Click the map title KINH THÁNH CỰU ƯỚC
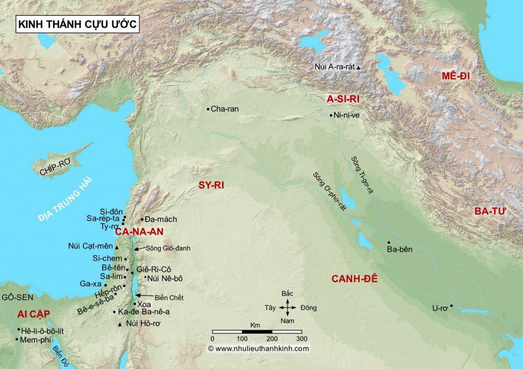(77, 24)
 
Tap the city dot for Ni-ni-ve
(331, 115)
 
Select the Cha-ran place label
(225, 109)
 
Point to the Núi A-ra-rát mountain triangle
(359, 67)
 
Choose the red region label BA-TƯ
(490, 211)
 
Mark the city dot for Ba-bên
(389, 242)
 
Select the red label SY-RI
(211, 186)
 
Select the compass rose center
(288, 307)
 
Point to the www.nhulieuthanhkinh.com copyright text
(258, 349)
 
